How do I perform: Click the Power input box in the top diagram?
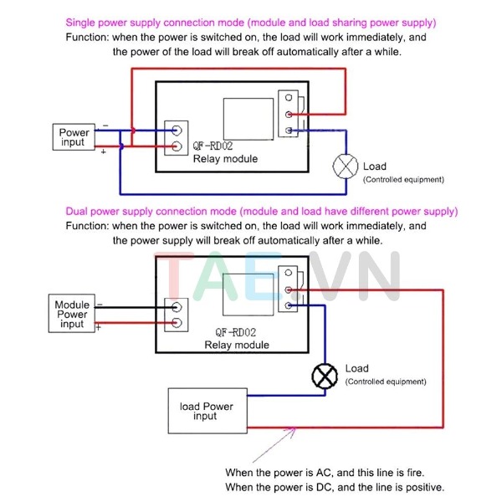point(74,137)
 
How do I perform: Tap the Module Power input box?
point(72,315)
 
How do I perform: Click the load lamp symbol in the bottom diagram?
point(324,377)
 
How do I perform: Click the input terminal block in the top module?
point(177,139)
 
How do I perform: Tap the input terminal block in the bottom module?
point(176,315)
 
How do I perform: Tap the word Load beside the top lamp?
point(375,166)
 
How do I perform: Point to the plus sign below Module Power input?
point(99,327)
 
